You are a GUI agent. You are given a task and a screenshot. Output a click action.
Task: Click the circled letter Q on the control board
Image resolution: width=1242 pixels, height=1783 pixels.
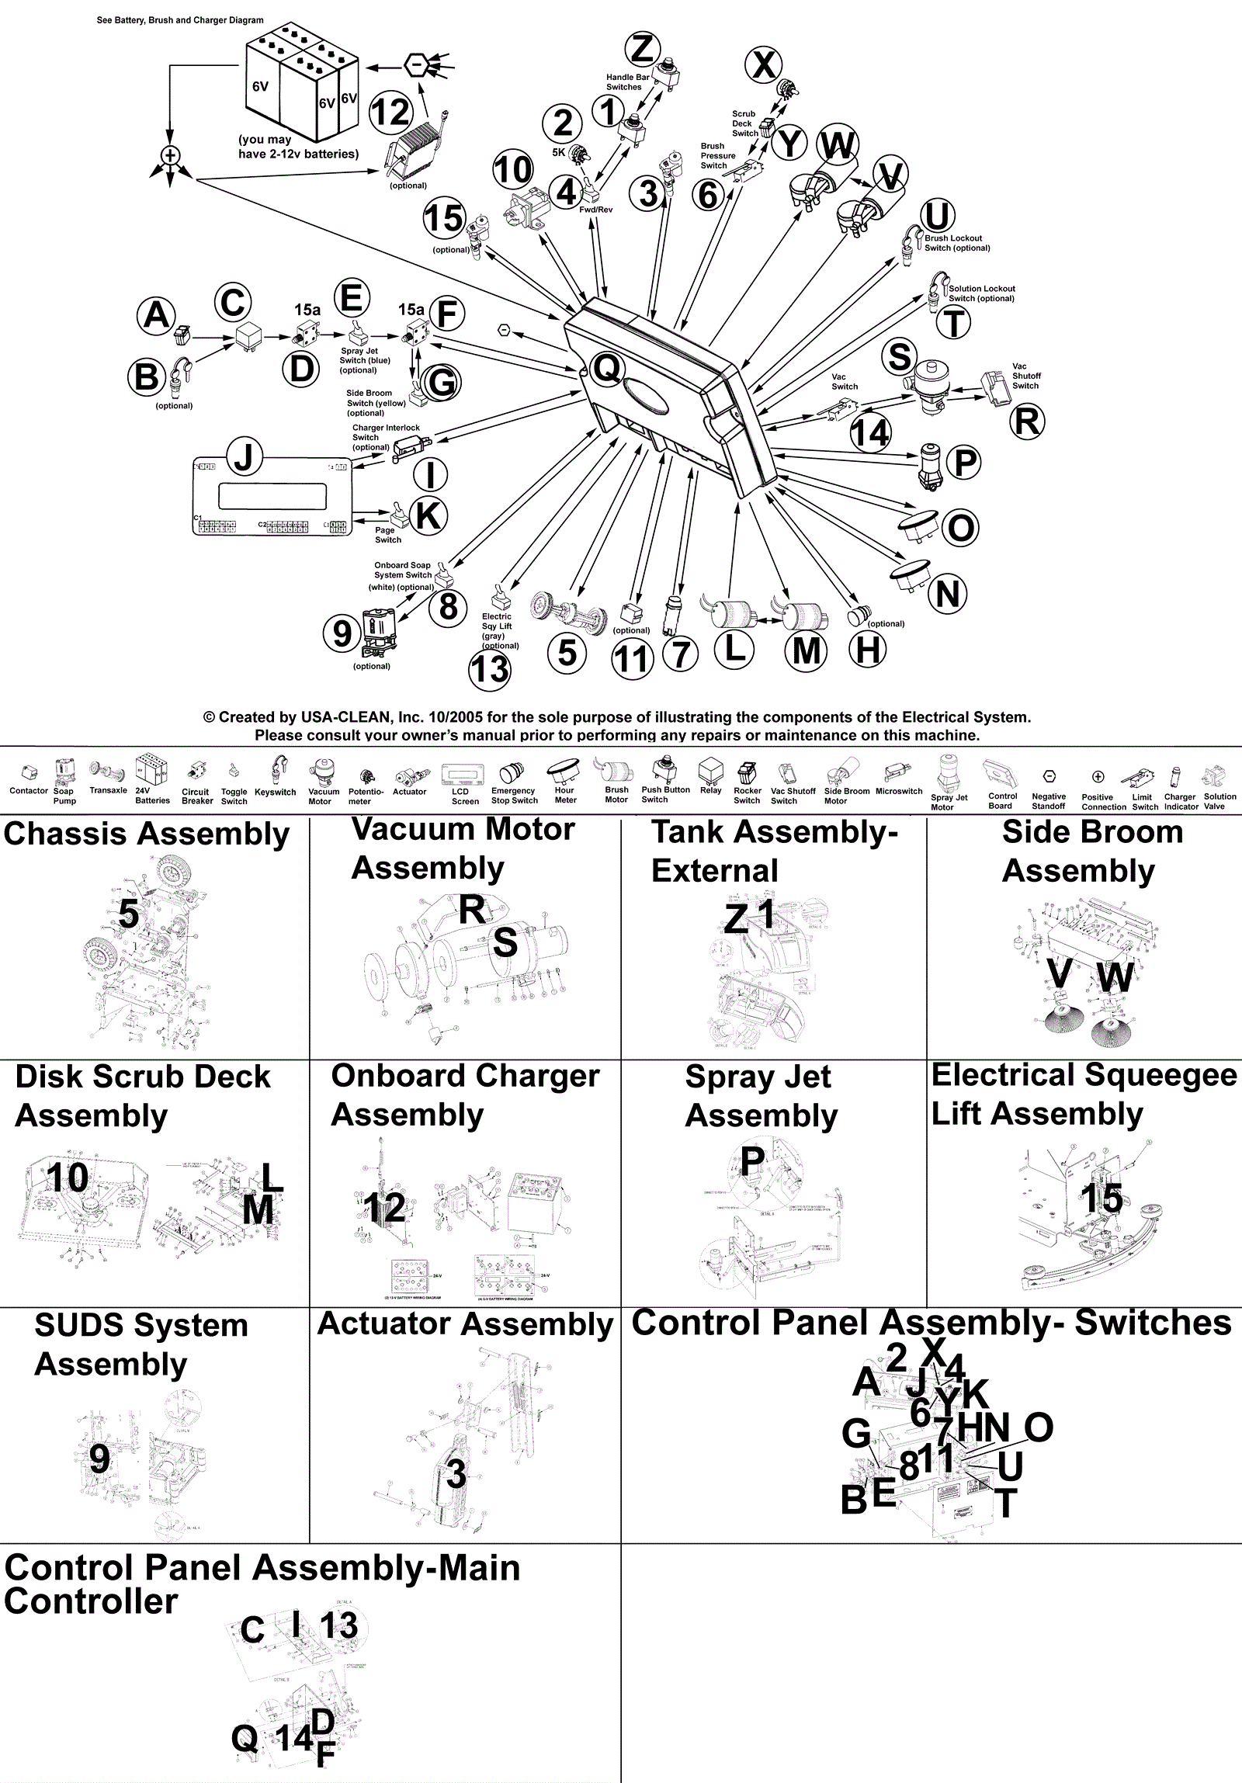606,368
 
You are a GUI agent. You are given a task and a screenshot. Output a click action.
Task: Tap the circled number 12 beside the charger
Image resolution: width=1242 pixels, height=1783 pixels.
390,113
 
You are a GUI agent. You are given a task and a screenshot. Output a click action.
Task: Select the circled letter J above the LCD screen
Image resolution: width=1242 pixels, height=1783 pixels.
244,456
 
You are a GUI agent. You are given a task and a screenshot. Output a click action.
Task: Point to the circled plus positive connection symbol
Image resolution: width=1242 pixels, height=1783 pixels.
170,154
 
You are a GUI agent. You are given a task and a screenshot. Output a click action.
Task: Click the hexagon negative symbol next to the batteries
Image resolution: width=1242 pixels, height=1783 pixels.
417,64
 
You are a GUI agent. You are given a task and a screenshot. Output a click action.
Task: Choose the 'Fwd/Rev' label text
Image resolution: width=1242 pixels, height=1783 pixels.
595,210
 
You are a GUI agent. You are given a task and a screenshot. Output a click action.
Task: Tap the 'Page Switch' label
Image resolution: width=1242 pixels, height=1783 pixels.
387,535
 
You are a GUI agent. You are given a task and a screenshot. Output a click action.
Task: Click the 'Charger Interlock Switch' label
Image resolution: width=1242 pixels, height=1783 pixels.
385,437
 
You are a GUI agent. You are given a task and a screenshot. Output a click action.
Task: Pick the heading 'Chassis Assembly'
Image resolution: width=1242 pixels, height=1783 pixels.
146,834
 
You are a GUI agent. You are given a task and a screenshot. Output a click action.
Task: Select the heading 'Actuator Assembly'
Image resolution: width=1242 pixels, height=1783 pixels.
465,1324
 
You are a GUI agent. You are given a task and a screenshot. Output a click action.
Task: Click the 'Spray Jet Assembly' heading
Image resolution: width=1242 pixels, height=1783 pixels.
761,1097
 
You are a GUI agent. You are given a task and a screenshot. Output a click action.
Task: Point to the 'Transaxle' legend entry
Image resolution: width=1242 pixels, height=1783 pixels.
108,789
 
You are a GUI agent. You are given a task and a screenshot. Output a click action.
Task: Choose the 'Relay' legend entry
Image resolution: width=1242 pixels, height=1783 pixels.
711,789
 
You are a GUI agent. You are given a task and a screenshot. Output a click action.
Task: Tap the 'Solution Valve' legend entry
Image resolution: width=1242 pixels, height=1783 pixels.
1219,800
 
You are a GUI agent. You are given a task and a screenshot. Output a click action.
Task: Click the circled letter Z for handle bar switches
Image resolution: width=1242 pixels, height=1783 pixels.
643,48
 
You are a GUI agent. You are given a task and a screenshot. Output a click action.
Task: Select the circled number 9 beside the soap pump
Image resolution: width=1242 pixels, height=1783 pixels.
342,633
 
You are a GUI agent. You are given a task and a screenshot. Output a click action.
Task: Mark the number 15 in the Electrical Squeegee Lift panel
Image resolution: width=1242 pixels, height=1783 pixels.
1101,1198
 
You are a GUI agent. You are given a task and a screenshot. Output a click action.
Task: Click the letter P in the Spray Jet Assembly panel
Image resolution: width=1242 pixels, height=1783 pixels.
752,1163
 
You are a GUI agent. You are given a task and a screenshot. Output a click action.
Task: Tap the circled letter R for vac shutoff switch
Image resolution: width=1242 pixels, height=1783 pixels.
1027,421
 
